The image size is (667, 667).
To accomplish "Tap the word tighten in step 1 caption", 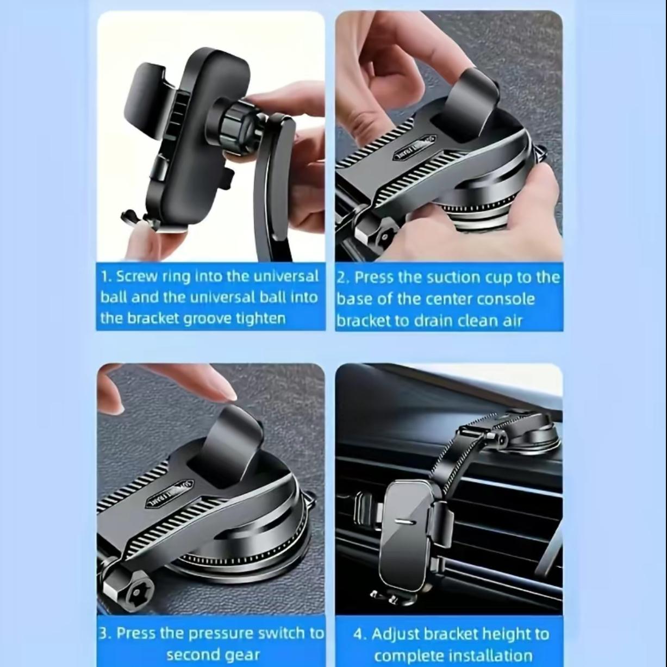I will [260, 318].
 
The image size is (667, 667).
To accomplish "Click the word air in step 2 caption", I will [510, 320].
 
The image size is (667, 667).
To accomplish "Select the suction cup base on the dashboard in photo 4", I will [530, 435].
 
